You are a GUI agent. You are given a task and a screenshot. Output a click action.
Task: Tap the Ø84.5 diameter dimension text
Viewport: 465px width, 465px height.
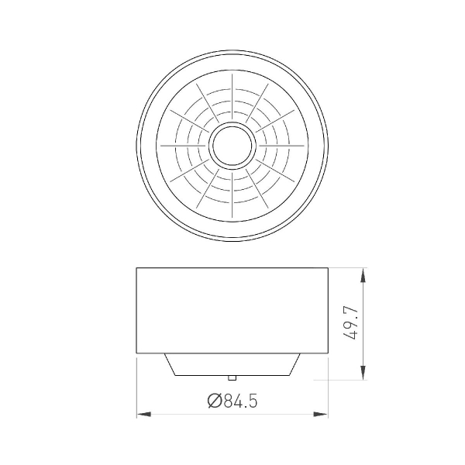coord(232,401)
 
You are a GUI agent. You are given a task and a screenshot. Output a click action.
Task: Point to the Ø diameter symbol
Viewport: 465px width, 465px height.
coord(215,401)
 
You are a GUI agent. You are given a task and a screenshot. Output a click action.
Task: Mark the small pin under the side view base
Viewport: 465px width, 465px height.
coord(232,377)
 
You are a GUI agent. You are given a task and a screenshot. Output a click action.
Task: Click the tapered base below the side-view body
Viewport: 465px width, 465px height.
coord(232,365)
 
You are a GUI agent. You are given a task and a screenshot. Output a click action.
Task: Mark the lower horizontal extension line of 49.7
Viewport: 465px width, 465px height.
coord(341,380)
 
